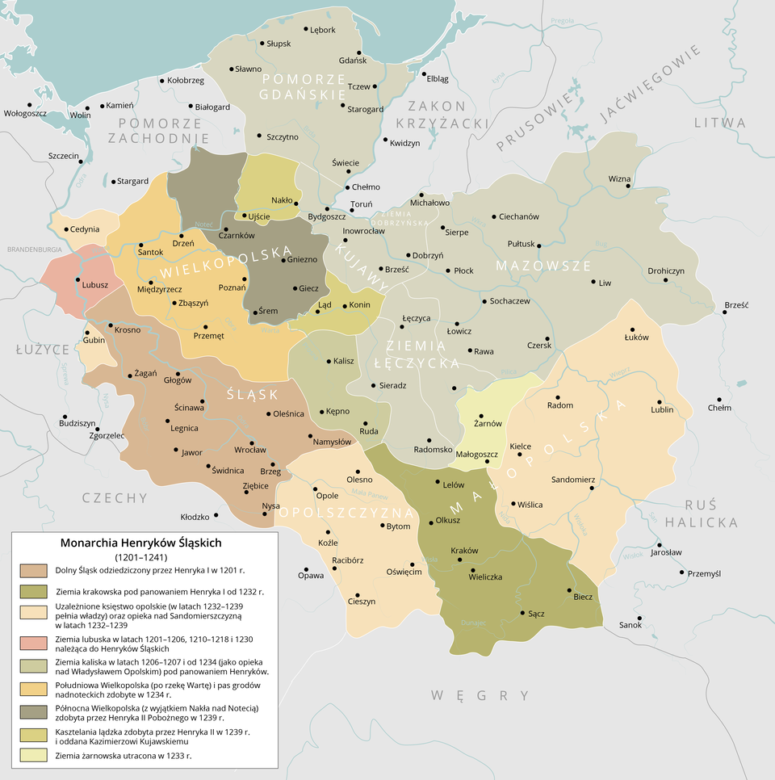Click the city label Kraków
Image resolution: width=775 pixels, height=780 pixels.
(464, 551)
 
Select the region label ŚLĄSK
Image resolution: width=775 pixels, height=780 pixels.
(252, 394)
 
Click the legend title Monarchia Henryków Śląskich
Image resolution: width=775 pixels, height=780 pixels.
(141, 543)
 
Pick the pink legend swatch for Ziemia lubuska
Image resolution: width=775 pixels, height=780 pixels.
(33, 642)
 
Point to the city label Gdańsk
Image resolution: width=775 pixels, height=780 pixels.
(353, 61)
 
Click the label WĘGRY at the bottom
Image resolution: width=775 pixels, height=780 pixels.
(480, 695)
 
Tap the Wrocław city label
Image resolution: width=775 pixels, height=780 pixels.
(250, 450)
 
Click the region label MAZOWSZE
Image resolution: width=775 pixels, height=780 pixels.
(543, 266)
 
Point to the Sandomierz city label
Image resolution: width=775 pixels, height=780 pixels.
(572, 480)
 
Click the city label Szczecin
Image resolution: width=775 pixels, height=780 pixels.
(63, 155)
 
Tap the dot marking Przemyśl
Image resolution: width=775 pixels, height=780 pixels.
(682, 573)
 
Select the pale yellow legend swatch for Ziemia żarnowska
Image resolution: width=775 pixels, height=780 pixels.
(33, 756)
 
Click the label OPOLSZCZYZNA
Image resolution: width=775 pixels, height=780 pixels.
(346, 514)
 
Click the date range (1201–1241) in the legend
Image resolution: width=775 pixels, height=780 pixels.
(141, 557)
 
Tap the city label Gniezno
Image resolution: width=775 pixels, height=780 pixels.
(303, 259)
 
